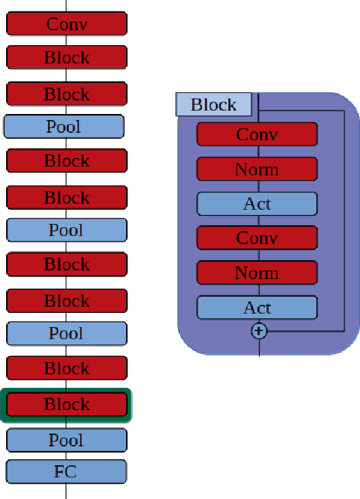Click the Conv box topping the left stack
click(x=67, y=24)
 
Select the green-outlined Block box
click(x=67, y=405)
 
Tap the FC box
click(x=66, y=471)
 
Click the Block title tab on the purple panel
click(x=214, y=105)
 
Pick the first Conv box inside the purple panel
click(x=257, y=134)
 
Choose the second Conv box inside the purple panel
click(x=257, y=238)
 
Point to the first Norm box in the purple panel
click(x=257, y=169)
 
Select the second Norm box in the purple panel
click(x=257, y=273)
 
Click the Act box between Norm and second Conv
click(x=257, y=204)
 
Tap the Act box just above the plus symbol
click(x=257, y=307)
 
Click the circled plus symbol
click(x=259, y=331)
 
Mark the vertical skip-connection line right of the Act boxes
click(x=344, y=223)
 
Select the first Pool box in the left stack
click(x=64, y=126)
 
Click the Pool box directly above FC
click(x=66, y=440)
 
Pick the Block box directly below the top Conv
click(x=67, y=57)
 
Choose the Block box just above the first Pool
click(x=67, y=94)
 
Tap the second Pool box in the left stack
click(x=67, y=230)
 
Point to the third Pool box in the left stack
click(x=67, y=333)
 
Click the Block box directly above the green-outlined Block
click(x=67, y=368)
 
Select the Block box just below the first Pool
click(x=67, y=161)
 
